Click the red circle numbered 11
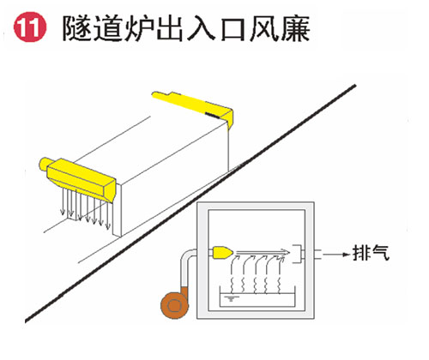coord(30,27)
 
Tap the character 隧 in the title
coord(77,28)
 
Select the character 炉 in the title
coord(139,28)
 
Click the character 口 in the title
coord(233,29)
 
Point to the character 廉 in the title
coord(295,28)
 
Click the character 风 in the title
coord(264,28)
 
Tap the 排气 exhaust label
coord(371,253)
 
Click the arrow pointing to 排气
coord(336,255)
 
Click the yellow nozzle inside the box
coord(222,252)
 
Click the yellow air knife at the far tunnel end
coord(195,107)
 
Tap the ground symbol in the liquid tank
coord(232,299)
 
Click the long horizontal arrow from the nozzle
coord(263,252)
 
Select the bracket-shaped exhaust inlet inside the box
coord(298,254)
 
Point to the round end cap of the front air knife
coord(44,164)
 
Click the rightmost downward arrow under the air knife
coord(107,214)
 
